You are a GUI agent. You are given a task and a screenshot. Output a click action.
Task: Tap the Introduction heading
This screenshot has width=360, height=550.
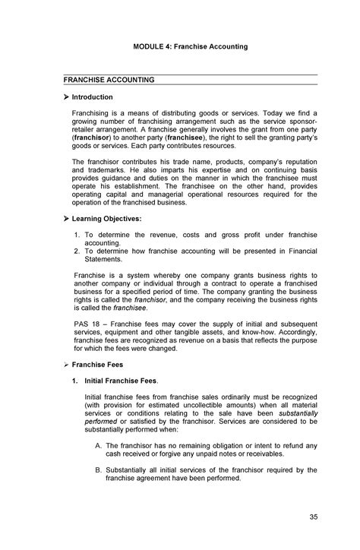(x=93, y=97)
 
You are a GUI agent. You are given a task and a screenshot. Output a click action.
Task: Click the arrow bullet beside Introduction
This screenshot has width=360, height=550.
(x=66, y=97)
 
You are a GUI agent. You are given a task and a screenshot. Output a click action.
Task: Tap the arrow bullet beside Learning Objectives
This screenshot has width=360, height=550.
(x=66, y=219)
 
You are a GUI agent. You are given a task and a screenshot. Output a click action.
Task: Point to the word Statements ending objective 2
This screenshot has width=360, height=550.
(x=106, y=258)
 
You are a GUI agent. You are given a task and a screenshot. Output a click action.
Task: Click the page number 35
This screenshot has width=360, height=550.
(x=313, y=518)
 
